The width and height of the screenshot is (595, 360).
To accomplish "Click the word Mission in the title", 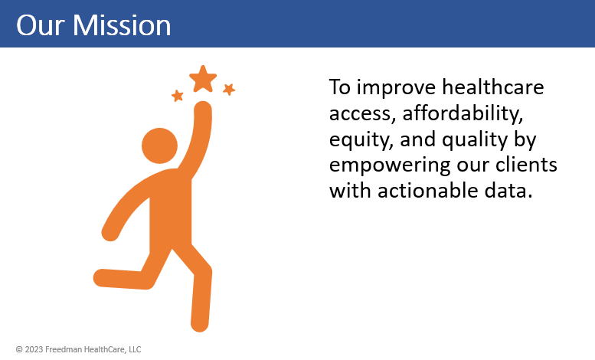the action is click(122, 25).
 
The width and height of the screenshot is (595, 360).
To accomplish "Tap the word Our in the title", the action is click(41, 25).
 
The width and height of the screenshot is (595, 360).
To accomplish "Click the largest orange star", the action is click(203, 79).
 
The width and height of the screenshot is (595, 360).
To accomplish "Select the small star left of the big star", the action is click(177, 96).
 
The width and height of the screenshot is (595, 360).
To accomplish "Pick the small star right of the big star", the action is click(229, 90).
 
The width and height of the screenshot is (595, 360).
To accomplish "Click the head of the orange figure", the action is click(159, 146).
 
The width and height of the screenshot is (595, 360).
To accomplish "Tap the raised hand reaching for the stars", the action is click(203, 110).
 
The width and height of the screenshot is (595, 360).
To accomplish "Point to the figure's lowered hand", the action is click(110, 231).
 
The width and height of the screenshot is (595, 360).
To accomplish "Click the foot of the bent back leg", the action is click(102, 278).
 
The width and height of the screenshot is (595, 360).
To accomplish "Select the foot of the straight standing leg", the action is click(200, 322).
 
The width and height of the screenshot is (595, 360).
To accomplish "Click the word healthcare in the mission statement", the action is click(493, 87).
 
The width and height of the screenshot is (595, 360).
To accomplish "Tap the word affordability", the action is click(463, 113).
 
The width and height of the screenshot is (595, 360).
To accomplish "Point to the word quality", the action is click(475, 139).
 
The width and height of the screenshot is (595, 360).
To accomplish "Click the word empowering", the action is click(390, 165).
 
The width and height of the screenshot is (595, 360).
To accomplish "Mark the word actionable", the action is click(427, 190).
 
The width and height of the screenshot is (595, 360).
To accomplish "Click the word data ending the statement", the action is click(508, 190).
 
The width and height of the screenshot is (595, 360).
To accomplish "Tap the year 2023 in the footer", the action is click(34, 349).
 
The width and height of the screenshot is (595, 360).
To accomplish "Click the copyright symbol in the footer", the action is click(19, 349).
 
